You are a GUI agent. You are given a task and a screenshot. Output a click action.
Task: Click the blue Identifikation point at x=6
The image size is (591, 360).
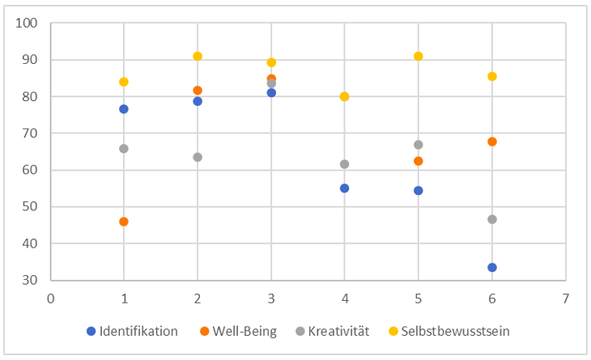(492, 267)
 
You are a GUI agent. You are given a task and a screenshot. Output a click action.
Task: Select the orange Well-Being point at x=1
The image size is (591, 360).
(124, 222)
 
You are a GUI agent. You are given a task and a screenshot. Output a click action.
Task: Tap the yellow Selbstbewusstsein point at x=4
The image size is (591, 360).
(345, 96)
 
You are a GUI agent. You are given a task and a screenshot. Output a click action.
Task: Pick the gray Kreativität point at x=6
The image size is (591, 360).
(492, 219)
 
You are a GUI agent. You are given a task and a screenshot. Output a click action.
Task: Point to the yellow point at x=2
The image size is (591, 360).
(198, 56)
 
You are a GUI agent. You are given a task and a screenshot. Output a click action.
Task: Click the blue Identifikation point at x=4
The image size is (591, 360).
(345, 188)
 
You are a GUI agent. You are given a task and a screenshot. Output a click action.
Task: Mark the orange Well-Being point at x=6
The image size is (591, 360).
(492, 142)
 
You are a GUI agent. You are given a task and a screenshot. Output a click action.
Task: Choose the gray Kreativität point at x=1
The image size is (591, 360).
(124, 148)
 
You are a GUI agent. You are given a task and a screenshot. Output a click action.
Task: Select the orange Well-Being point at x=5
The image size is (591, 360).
(419, 161)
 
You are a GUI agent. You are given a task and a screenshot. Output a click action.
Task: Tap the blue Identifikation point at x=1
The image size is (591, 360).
(124, 108)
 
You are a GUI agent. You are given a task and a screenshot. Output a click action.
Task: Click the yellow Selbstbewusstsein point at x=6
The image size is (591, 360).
(492, 76)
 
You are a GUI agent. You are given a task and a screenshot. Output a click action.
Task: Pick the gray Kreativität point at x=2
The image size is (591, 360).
(198, 157)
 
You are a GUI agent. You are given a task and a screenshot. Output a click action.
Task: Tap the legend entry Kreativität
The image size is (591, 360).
(339, 331)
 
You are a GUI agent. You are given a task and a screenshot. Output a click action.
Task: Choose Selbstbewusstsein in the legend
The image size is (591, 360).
(457, 331)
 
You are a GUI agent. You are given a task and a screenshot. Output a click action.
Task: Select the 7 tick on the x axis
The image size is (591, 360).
(566, 297)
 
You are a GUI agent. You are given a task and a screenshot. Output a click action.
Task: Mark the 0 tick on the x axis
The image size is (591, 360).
(50, 297)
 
